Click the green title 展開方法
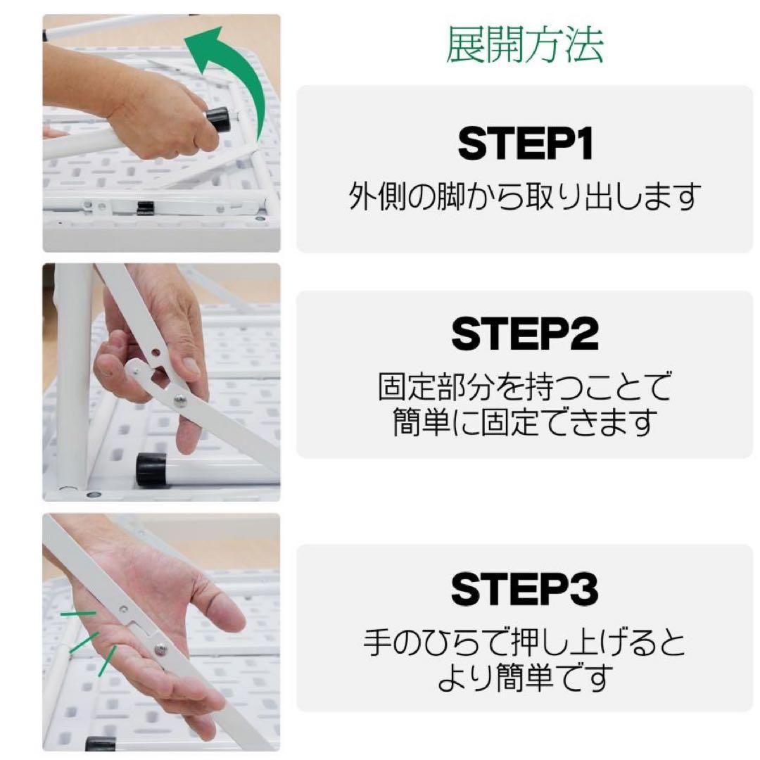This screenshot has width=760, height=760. pyautogui.click(x=524, y=46)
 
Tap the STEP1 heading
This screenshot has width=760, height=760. pyautogui.click(x=525, y=144)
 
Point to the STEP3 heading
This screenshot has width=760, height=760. pyautogui.click(x=525, y=589)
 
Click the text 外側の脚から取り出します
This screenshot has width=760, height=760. pyautogui.click(x=525, y=198)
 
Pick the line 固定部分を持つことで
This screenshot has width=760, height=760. pyautogui.click(x=525, y=386)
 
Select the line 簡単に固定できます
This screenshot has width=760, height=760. pyautogui.click(x=525, y=422)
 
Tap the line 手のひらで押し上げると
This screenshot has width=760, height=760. pyautogui.click(x=525, y=642)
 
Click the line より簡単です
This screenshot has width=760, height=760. pyautogui.click(x=525, y=678)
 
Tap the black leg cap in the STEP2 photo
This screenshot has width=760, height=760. pyautogui.click(x=151, y=469)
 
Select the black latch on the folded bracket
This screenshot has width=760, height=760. pyautogui.click(x=146, y=208)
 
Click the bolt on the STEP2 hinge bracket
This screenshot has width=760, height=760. pyautogui.click(x=180, y=400)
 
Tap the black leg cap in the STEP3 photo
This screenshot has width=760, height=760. pyautogui.click(x=100, y=744)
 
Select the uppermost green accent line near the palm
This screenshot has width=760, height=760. pyautogui.click(x=78, y=614)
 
